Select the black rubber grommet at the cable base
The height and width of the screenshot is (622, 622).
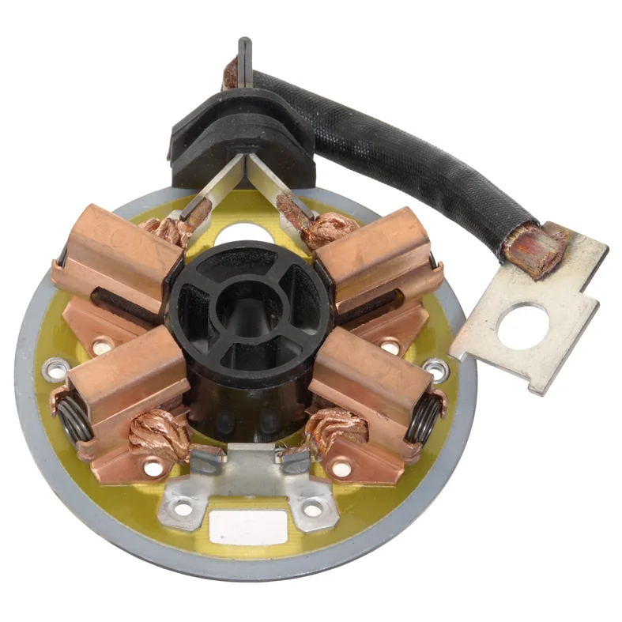[x=237, y=134]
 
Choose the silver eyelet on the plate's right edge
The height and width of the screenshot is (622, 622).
[x=435, y=368]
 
